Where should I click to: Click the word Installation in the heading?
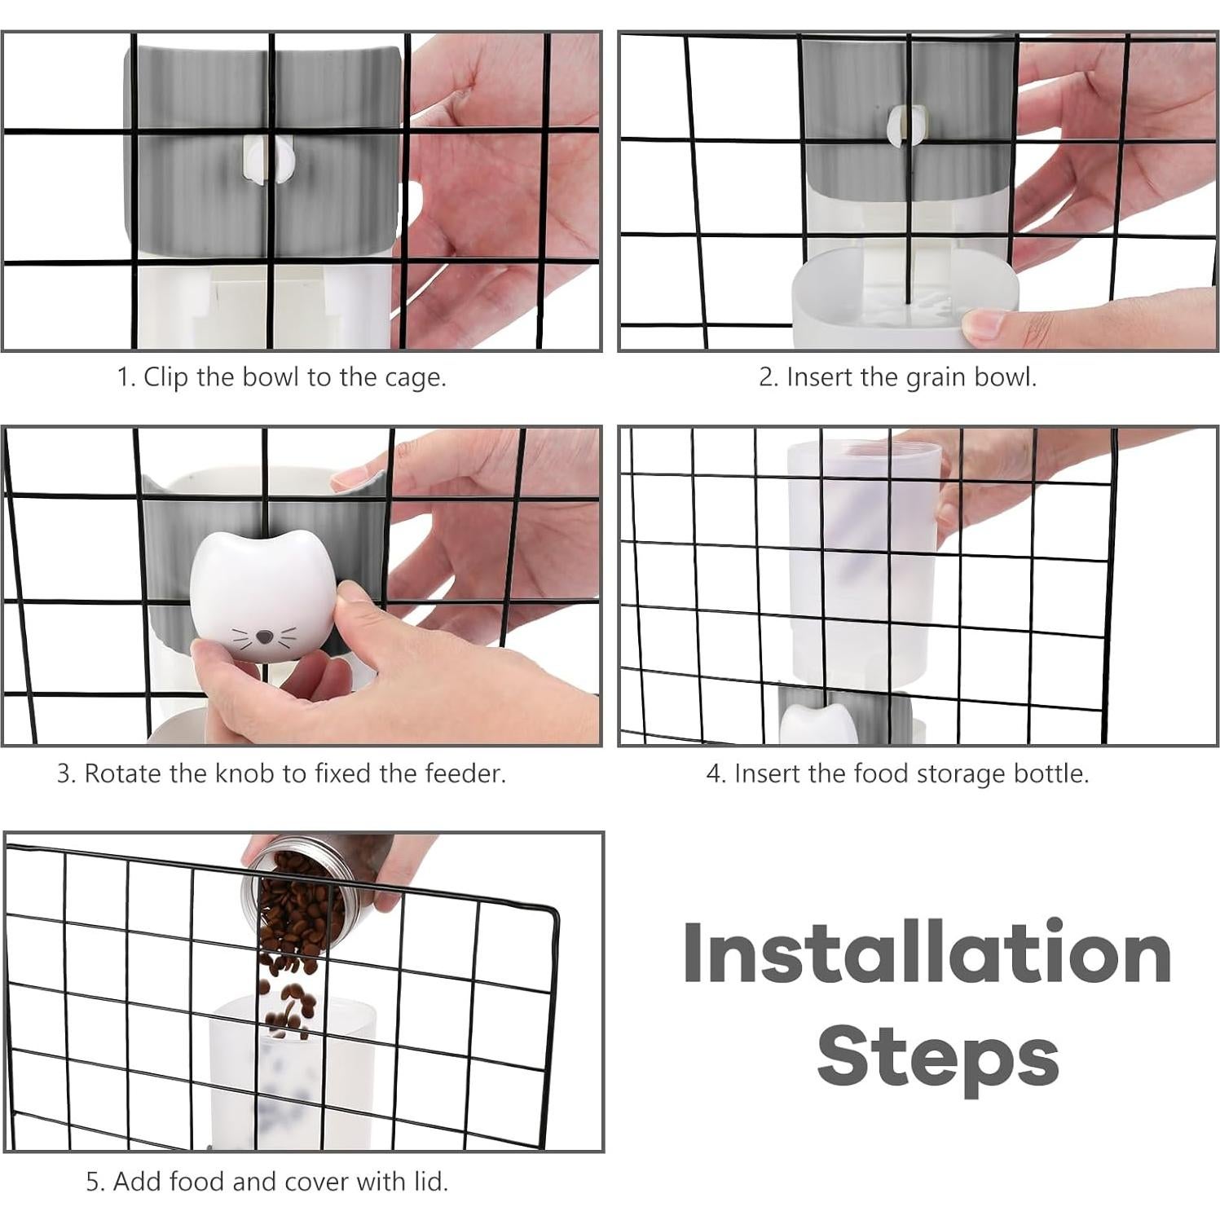(x=927, y=953)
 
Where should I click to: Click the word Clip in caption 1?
(x=166, y=377)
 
